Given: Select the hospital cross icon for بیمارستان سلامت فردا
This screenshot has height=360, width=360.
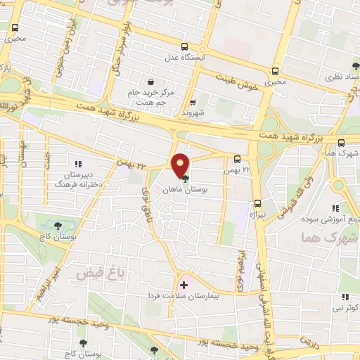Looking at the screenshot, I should tap(184, 285).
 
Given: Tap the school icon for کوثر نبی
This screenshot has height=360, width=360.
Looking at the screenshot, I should tap(345, 297).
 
